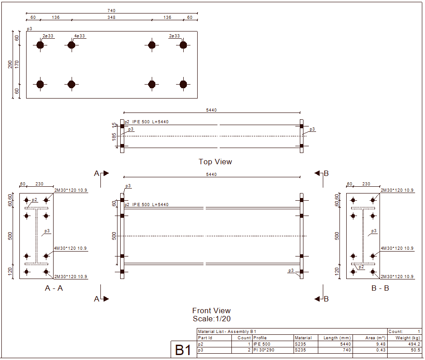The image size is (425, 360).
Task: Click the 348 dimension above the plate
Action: tap(112, 18)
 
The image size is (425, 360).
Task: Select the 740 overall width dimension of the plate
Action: tap(112, 10)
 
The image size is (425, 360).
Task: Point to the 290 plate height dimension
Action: tap(10, 65)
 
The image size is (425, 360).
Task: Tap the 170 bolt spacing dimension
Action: tap(17, 64)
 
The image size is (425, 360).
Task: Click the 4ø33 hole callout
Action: tap(80, 36)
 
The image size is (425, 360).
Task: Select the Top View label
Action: tap(215, 162)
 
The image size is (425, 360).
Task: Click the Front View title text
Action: tap(211, 310)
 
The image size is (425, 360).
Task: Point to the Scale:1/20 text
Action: tap(211, 319)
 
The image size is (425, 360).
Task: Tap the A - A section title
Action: tap(54, 288)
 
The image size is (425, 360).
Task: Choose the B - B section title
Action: tap(380, 288)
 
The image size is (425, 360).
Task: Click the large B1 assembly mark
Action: tap(183, 350)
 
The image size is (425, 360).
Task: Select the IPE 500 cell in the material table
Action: tap(262, 344)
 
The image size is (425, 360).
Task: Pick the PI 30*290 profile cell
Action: tap(264, 350)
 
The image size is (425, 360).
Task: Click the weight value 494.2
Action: tap(413, 344)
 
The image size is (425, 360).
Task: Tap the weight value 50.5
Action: tap(415, 350)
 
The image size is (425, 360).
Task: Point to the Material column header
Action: tap(303, 338)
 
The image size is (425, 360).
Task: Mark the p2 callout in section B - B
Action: tap(361, 267)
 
